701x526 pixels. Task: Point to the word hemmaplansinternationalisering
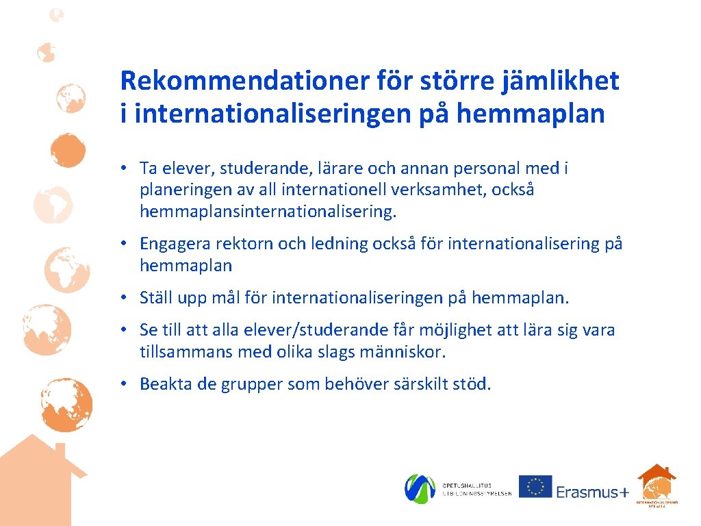click(268, 212)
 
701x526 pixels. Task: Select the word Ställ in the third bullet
click(155, 298)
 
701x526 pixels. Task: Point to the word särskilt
click(420, 384)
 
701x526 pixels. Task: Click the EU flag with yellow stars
click(535, 486)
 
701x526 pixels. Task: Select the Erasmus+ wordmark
click(591, 491)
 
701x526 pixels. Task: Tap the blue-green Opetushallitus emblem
click(420, 488)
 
